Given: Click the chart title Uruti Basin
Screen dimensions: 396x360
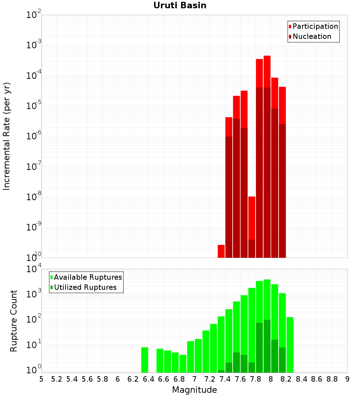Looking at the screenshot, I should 180,5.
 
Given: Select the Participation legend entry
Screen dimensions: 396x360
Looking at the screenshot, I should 315,26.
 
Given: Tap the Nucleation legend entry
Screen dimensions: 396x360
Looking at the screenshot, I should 312,36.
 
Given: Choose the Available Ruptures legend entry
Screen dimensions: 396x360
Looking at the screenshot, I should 88,277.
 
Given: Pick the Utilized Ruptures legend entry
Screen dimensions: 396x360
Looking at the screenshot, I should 85,287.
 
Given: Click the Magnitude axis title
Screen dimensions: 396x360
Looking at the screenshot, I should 194,390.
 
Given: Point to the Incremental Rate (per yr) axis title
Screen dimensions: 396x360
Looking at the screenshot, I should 7,136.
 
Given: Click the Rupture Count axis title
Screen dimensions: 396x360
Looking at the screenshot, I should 14,320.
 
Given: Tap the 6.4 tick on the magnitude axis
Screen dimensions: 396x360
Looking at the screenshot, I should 148,379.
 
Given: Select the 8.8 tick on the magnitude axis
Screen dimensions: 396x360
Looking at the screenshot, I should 332,379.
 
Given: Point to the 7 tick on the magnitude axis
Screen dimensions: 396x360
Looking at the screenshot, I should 194,379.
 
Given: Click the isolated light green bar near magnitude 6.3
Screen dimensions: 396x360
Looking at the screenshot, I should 144,360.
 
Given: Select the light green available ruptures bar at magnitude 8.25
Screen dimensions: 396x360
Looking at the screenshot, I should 290,345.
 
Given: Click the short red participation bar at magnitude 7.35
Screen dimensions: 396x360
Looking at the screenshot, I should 221,251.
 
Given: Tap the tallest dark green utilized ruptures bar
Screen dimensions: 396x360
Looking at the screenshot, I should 267,346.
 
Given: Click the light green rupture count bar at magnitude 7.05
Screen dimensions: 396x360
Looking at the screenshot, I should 198,356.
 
